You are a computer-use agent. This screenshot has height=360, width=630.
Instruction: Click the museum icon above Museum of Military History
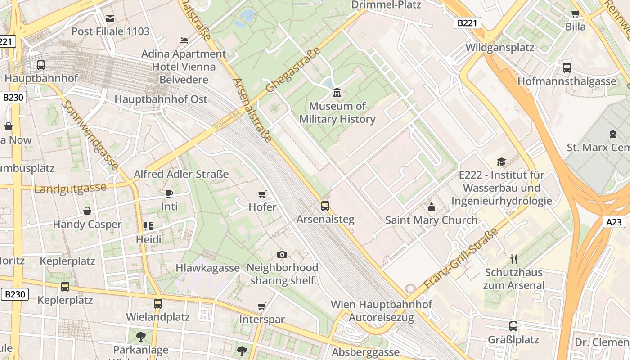pyautogui.click(x=337, y=93)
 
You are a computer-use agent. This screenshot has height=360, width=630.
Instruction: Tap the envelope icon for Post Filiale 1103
pyautogui.click(x=110, y=18)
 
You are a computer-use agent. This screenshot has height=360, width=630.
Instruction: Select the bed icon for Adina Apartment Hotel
pyautogui.click(x=183, y=40)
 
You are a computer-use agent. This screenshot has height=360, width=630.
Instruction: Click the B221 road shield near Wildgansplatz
pyautogui.click(x=467, y=23)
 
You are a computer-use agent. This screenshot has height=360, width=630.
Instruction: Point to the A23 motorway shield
pyautogui.click(x=614, y=221)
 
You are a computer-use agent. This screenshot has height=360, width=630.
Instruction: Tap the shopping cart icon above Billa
pyautogui.click(x=575, y=13)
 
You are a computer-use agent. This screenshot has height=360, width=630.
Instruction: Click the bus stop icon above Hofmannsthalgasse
pyautogui.click(x=567, y=68)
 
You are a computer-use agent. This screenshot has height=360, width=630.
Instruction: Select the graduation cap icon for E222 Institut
pyautogui.click(x=501, y=162)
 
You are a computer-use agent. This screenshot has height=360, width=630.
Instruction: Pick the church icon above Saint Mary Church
pyautogui.click(x=431, y=207)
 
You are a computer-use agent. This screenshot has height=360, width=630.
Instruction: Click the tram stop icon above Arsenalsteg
pyautogui.click(x=325, y=206)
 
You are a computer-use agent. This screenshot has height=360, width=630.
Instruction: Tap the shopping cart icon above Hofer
pyautogui.click(x=262, y=194)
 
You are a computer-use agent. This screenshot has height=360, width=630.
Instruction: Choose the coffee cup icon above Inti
pyautogui.click(x=169, y=193)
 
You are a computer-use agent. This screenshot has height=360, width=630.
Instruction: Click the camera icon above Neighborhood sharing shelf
pyautogui.click(x=282, y=254)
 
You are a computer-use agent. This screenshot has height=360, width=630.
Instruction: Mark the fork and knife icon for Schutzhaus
pyautogui.click(x=513, y=259)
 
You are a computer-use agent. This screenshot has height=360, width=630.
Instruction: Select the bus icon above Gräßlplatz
pyautogui.click(x=513, y=326)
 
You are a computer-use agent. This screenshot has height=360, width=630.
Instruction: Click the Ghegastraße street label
pyautogui.click(x=293, y=70)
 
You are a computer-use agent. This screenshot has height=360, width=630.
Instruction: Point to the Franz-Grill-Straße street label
pyautogui.click(x=461, y=258)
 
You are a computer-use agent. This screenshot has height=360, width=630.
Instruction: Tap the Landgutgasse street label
pyautogui.click(x=70, y=188)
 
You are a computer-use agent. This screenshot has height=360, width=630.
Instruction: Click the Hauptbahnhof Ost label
pyautogui.click(x=161, y=99)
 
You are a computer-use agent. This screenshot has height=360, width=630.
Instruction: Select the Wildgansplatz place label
pyautogui.click(x=499, y=47)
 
